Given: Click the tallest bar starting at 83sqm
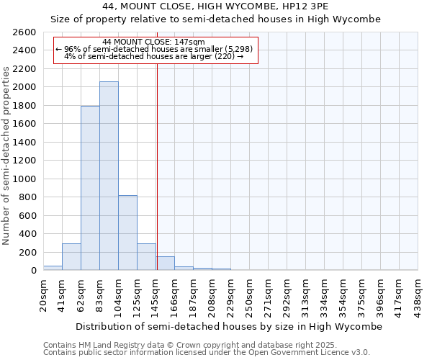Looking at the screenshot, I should (109, 176).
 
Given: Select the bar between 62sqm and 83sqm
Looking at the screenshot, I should (90, 189).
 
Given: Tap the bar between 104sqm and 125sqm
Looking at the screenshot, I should (127, 233).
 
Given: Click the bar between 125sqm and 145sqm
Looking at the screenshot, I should (146, 257).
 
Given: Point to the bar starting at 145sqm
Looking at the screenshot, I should (165, 264).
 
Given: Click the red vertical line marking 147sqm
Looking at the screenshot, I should (157, 166).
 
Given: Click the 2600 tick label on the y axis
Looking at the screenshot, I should (24, 32).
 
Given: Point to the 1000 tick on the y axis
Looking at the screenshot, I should (24, 179).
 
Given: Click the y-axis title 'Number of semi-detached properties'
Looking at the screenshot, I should (7, 155).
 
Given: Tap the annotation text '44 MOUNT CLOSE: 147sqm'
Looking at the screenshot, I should (154, 42).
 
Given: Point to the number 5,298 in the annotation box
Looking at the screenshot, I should (238, 49).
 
